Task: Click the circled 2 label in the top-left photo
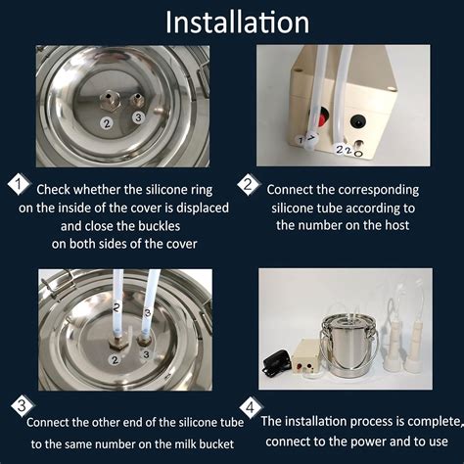click(x=107, y=123)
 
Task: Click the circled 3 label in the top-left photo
click(x=138, y=118)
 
